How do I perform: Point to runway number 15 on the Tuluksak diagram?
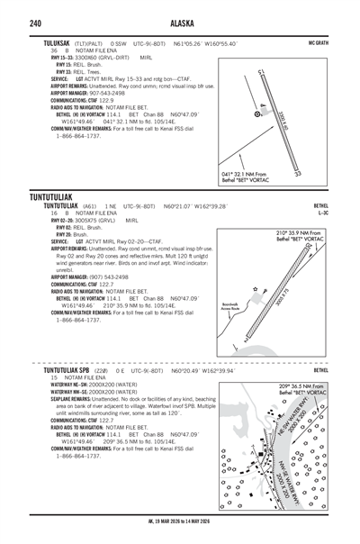(x=260, y=71)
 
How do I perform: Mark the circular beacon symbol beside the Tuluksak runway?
(x=258, y=114)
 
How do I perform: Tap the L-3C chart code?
(x=321, y=213)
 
